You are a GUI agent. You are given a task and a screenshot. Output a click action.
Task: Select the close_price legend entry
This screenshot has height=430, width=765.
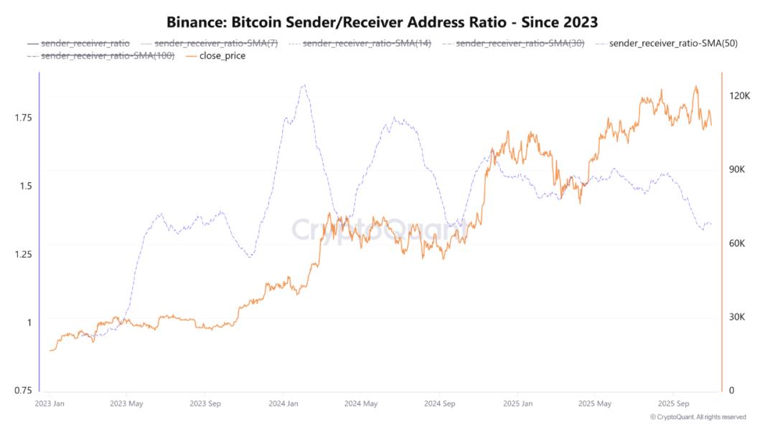[215, 56]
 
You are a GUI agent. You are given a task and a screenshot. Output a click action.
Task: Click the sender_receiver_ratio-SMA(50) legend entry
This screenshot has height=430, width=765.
[667, 43]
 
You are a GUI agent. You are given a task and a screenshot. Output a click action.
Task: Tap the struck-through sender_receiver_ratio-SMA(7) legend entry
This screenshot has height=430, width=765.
[210, 43]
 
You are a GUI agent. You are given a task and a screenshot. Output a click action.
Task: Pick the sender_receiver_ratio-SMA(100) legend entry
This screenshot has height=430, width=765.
[101, 56]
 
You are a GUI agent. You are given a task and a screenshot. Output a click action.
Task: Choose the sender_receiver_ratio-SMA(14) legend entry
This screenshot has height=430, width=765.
[360, 43]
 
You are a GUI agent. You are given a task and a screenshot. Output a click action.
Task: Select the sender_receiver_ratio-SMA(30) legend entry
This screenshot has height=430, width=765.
[513, 43]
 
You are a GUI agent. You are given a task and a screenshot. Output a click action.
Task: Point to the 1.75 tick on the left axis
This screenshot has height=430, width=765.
[23, 118]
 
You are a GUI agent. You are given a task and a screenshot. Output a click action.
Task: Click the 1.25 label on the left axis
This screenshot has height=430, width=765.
[23, 254]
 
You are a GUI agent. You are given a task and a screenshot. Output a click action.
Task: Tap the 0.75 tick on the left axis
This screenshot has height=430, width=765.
[23, 391]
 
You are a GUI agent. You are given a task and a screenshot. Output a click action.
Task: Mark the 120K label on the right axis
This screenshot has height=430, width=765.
[739, 96]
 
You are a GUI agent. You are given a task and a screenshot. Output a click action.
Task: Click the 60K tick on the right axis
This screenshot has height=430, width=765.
[737, 244]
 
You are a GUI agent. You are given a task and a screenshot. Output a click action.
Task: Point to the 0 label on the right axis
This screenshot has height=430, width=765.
[731, 391]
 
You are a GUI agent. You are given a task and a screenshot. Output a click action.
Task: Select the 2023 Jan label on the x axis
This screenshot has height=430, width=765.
[50, 403]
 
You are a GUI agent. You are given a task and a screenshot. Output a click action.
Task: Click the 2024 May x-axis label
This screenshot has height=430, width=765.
[361, 403]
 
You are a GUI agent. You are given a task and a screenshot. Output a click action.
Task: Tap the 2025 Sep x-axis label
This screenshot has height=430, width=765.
[673, 403]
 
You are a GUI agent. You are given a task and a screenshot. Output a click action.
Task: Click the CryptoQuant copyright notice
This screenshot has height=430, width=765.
[698, 417]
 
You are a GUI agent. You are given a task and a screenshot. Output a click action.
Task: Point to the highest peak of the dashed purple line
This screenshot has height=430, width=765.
[304, 85]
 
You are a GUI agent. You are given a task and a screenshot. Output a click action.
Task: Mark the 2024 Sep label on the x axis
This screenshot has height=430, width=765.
[440, 403]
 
